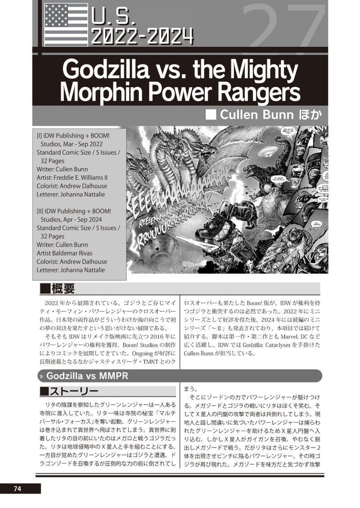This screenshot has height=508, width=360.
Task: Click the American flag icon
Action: [66, 24]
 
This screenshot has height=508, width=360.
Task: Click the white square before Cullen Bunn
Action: [211, 115]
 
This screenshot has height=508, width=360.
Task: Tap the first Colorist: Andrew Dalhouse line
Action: [72, 186]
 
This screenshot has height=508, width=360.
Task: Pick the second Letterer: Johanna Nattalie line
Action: [71, 270]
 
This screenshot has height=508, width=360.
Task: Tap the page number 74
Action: [17, 489]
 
